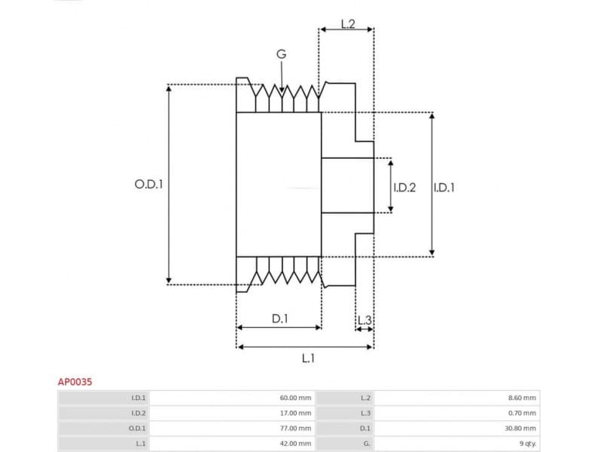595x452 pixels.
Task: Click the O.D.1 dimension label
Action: (149, 184)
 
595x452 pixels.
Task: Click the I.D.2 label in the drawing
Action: (404, 187)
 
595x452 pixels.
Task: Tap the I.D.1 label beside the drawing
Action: (444, 187)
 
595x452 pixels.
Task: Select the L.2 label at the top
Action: (347, 23)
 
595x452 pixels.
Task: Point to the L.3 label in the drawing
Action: (365, 321)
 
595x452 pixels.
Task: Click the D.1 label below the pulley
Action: (279, 319)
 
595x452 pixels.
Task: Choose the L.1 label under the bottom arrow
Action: (307, 359)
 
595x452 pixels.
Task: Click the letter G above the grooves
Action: (281, 54)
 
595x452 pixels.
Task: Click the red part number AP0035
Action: (75, 383)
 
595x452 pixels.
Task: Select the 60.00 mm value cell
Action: (294, 398)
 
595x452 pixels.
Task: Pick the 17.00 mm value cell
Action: (294, 413)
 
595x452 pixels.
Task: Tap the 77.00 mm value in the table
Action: (294, 428)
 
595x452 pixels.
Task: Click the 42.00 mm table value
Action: (294, 444)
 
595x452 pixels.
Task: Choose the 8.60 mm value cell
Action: (521, 398)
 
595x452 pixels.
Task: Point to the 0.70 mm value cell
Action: (521, 413)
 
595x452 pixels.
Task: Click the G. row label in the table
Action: (366, 444)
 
